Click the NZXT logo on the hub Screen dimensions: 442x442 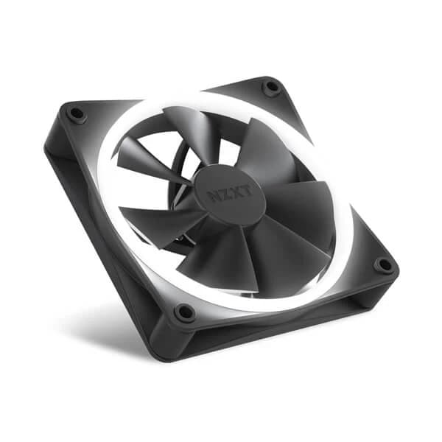pyautogui.click(x=224, y=193)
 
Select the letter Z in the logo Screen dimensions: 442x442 pyautogui.click(x=219, y=195)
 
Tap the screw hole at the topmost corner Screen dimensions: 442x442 pyautogui.click(x=271, y=88)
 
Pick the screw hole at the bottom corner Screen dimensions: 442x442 pyautogui.click(x=183, y=312)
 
